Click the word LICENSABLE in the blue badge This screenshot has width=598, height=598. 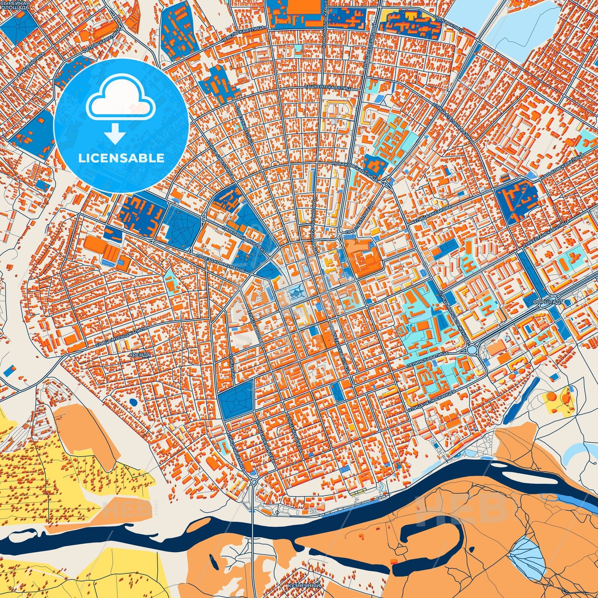pyautogui.click(x=121, y=158)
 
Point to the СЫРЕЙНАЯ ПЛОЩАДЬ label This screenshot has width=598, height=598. pyautogui.click(x=15, y=5)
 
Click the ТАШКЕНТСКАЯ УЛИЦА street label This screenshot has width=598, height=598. pyautogui.click(x=329, y=88)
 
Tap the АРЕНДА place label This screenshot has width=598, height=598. pyautogui.click(x=139, y=355)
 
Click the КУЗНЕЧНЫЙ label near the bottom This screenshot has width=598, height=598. pyautogui.click(x=304, y=586)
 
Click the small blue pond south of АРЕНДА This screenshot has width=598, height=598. pyautogui.click(x=133, y=401)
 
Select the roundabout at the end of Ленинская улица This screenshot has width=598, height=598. pyautogui.click(x=472, y=350)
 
